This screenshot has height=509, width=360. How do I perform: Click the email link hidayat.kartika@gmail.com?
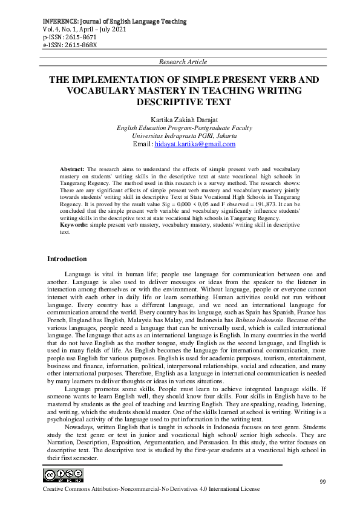click(195, 144)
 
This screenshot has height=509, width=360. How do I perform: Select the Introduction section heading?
click(67, 259)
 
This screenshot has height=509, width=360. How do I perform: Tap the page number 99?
click(322, 481)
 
